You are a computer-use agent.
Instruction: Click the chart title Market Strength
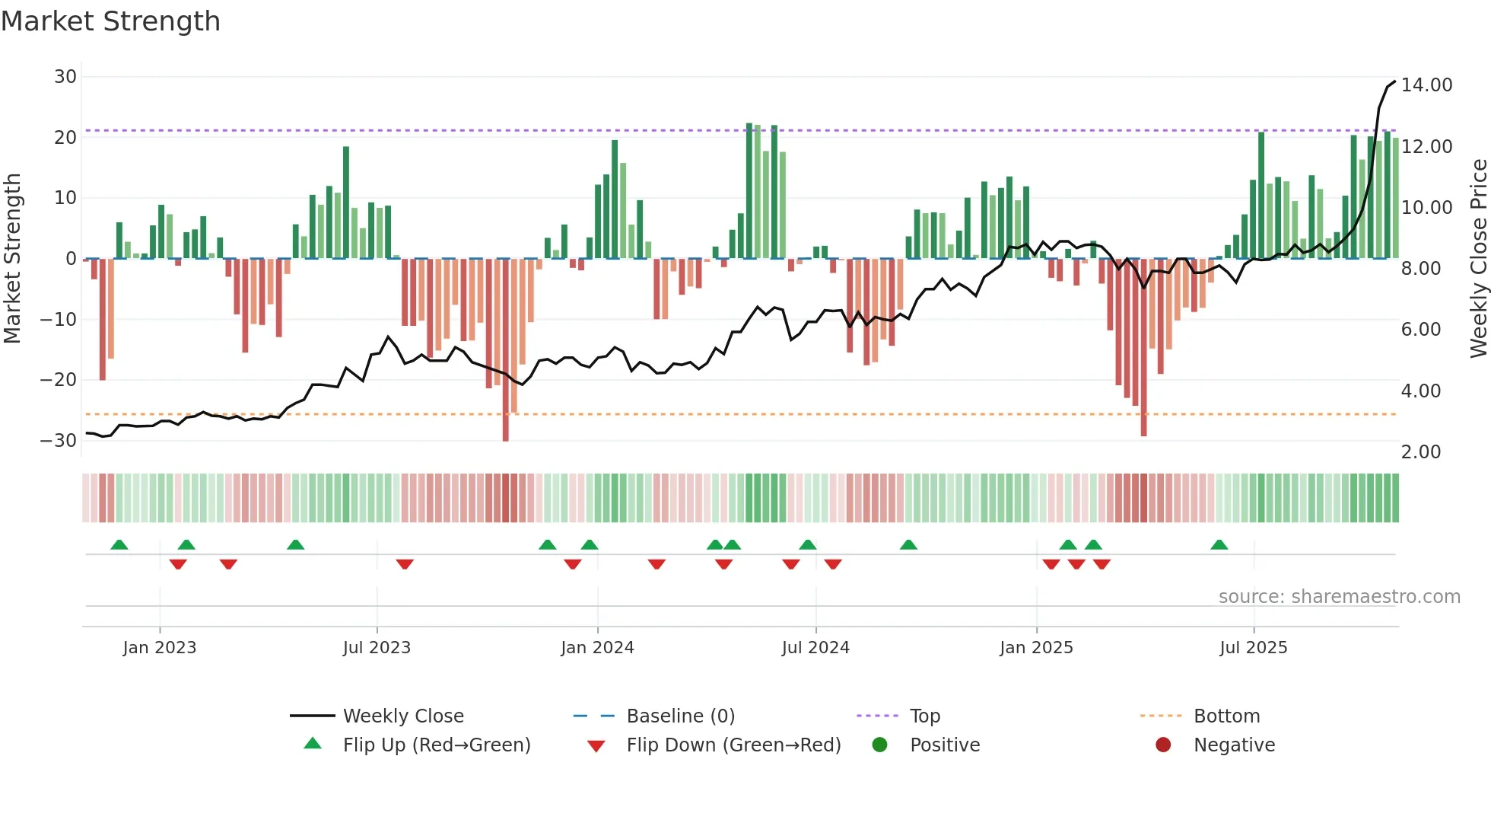(x=110, y=21)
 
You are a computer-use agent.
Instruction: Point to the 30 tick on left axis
(x=65, y=77)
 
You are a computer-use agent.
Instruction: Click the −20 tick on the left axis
(x=59, y=380)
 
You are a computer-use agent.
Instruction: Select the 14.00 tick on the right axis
(x=1426, y=85)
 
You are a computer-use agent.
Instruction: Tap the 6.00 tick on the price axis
(x=1421, y=330)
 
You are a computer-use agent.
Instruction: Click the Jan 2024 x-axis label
(x=597, y=648)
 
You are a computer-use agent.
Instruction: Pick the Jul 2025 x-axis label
(x=1253, y=648)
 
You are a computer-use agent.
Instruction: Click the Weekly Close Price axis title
(x=1478, y=259)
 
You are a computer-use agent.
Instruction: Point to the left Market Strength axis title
(x=12, y=259)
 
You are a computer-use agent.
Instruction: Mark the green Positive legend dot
(x=880, y=745)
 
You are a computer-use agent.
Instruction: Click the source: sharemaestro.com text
(x=1339, y=597)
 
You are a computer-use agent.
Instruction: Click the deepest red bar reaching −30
(x=506, y=350)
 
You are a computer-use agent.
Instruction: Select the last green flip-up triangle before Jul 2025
(x=1219, y=545)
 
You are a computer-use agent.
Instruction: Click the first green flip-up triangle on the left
(x=119, y=545)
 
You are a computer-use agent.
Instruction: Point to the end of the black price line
(x=1395, y=81)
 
